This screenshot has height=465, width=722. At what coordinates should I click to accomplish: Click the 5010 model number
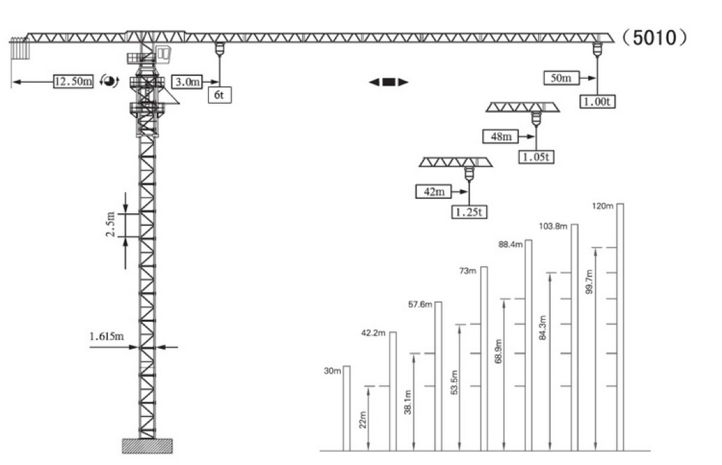(654, 38)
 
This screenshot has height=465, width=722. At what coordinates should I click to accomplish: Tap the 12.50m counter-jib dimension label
(73, 81)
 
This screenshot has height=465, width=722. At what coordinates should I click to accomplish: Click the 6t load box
(219, 95)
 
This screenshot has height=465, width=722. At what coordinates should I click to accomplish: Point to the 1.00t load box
(597, 101)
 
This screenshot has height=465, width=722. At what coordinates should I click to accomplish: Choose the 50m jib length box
(561, 78)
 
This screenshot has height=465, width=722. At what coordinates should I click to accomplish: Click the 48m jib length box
(501, 136)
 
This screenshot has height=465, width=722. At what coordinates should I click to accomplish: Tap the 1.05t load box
(537, 157)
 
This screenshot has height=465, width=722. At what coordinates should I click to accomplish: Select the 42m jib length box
(434, 191)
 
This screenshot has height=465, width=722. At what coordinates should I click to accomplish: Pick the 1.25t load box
(469, 212)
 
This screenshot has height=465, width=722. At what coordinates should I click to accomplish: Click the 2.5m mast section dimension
(111, 224)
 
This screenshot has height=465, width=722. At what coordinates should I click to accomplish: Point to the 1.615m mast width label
(107, 337)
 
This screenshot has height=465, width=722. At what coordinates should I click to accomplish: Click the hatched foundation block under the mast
(147, 446)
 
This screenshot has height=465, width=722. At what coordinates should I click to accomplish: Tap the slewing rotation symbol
(109, 81)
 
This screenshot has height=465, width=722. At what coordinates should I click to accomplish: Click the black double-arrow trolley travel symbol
(389, 82)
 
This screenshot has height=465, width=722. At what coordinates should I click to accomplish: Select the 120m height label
(602, 206)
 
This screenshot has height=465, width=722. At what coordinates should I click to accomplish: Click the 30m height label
(332, 371)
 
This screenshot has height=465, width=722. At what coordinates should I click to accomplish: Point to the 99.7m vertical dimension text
(589, 282)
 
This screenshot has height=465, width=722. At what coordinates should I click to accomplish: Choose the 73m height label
(468, 271)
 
